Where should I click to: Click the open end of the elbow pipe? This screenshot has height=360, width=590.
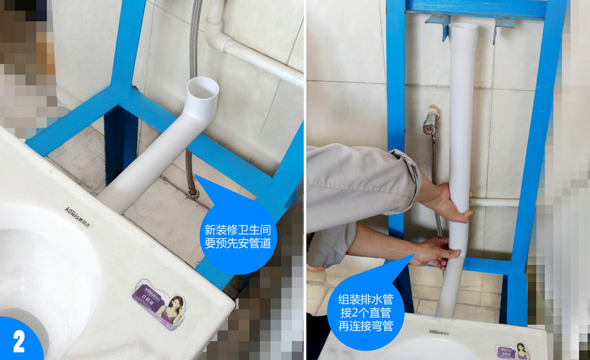coord(203,88)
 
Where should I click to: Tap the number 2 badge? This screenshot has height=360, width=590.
coord(19,341)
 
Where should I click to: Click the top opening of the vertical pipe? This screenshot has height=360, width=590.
coord(463,28)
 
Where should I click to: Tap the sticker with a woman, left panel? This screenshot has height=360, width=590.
coord(160,302)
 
